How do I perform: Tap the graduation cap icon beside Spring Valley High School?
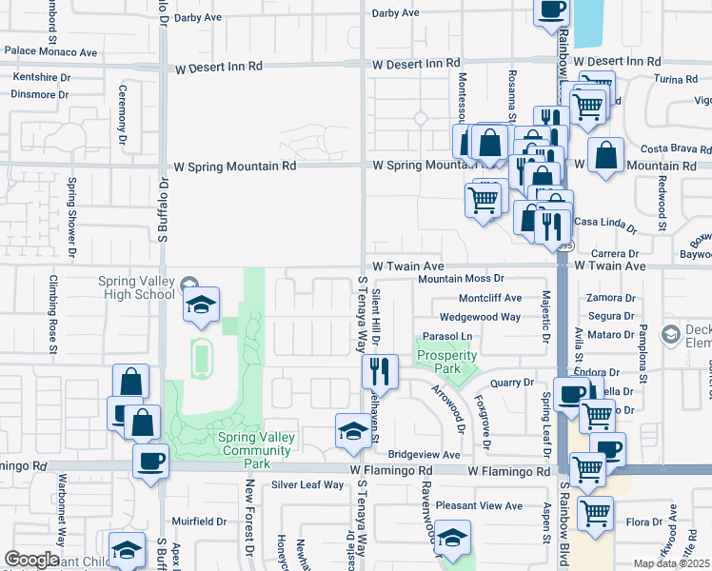coord(200,305)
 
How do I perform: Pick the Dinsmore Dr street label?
coord(39,94)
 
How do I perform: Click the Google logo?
coord(31,560)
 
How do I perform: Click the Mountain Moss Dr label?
coord(461,279)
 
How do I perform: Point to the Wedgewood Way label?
coord(480,317)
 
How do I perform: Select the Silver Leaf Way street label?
coord(307,484)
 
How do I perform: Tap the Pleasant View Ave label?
coord(487,506)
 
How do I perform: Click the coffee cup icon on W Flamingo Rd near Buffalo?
coord(150,462)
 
